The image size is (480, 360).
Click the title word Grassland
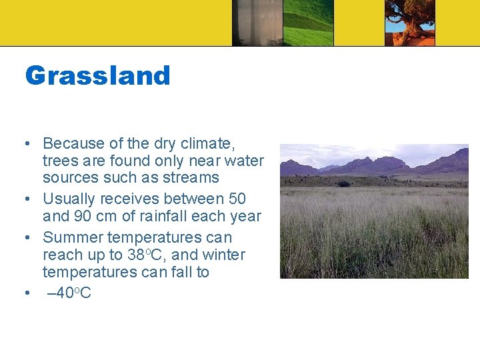click(97, 75)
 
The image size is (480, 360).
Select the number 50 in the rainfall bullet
click(236, 199)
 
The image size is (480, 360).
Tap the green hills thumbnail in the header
click(309, 23)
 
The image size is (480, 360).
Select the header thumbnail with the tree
click(409, 23)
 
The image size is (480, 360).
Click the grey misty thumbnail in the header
click(257, 23)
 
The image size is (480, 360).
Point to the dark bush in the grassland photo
click(343, 183)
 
